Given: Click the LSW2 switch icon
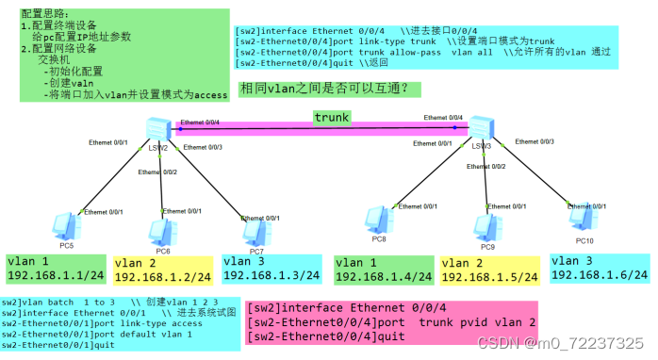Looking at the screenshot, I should [x=157, y=130].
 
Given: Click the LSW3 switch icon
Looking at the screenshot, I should [x=481, y=127].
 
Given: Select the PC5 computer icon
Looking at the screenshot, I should [x=67, y=225].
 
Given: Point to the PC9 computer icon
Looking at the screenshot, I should [x=486, y=226].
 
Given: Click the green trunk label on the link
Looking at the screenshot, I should [x=332, y=118].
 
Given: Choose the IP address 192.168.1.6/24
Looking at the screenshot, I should [x=600, y=275].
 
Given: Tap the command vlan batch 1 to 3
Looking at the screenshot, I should [x=57, y=303].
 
